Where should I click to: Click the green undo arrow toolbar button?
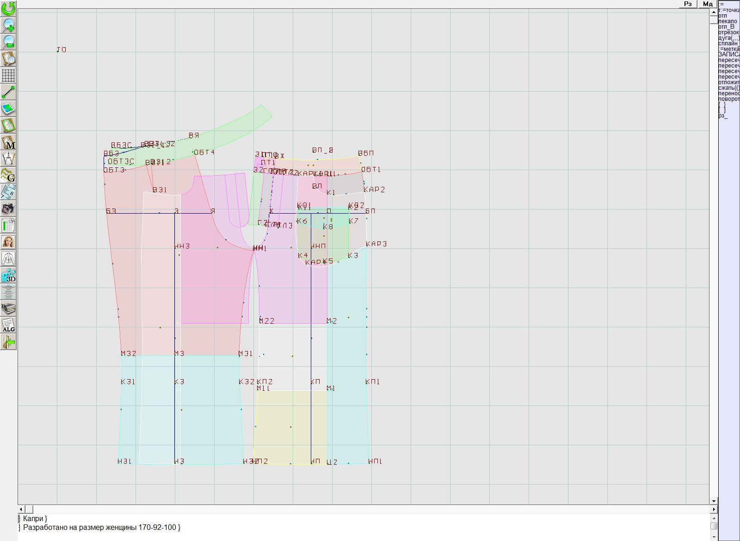[8, 8]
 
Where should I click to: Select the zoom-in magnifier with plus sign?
[8, 25]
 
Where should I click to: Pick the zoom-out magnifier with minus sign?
[8, 42]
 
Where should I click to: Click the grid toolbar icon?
[8, 75]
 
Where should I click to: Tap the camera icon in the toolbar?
[8, 209]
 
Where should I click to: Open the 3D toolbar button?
[8, 275]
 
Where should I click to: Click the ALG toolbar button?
[8, 325]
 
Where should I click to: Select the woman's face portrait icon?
[8, 242]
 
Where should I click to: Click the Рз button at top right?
[688, 4]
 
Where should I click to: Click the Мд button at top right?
[708, 4]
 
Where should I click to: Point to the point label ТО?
[62, 49]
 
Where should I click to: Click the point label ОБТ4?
[204, 153]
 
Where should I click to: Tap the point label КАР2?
[374, 190]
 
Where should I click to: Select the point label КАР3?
[376, 244]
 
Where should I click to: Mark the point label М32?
[128, 354]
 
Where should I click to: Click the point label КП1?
[372, 381]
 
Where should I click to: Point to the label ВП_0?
[322, 150]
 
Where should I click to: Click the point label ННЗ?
[182, 246]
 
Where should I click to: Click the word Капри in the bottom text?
[33, 519]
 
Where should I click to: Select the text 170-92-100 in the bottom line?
[157, 527]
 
